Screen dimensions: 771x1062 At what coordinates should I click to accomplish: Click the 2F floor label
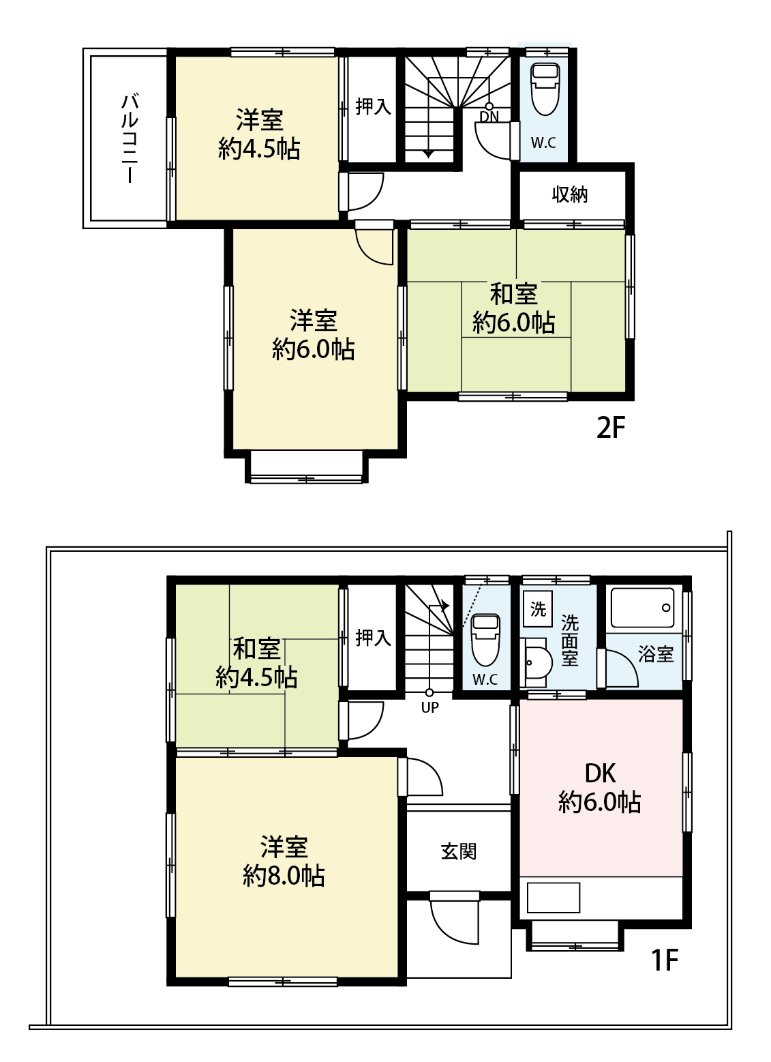coord(611,428)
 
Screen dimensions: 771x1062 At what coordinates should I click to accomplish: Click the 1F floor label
coord(665,961)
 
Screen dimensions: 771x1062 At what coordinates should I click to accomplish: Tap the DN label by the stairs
coord(489,116)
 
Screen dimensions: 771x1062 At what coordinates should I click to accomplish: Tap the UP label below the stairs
coord(429,707)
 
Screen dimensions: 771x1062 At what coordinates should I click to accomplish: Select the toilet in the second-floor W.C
coord(545,89)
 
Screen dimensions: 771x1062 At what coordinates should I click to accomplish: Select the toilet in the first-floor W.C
coord(486,639)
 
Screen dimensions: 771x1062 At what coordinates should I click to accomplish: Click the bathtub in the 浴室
coord(642,608)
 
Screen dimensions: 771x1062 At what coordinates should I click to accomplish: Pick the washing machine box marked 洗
coord(538,608)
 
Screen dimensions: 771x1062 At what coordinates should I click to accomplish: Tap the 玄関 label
coord(458,851)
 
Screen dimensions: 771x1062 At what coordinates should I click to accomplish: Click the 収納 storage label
coord(570,194)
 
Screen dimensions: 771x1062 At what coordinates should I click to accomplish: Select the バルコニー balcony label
coord(130,138)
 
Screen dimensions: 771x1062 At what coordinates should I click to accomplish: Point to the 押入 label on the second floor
coord(373,106)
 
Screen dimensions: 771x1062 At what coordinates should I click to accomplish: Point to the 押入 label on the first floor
coord(373,638)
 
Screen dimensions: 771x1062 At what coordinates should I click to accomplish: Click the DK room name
coord(601,773)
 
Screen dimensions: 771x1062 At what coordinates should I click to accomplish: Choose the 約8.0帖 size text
coord(284,876)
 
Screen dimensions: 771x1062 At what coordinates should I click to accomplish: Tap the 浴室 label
coord(656,654)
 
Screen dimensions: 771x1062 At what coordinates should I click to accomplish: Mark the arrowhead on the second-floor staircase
coord(428,154)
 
